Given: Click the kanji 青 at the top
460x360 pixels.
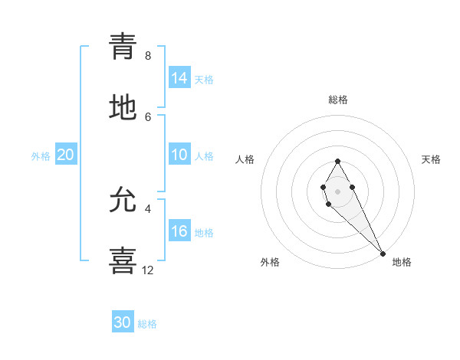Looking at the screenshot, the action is tap(123, 46).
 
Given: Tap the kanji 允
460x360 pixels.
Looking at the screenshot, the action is tap(123, 201).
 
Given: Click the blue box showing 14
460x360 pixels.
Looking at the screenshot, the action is tap(179, 78).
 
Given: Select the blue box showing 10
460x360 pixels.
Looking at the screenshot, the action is tap(179, 155).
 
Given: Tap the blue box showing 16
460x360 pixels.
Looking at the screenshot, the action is tap(179, 232).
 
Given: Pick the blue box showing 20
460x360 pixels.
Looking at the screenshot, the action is tap(66, 155).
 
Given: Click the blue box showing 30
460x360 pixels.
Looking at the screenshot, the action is tap(123, 322).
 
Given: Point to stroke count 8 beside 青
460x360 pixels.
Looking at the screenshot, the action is tap(148, 56).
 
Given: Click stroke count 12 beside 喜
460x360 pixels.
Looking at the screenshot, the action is tap(148, 270).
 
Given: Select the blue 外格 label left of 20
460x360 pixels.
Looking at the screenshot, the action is tap(41, 156).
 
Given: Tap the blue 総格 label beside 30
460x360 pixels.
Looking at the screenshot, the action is tap(147, 324).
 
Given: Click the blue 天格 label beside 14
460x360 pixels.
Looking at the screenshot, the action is tap(204, 80).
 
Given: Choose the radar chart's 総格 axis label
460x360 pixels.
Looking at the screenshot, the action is tap(338, 100).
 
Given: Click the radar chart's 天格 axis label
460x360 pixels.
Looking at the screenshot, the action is tap(432, 159).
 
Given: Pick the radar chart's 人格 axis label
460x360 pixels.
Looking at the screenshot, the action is tap(245, 159).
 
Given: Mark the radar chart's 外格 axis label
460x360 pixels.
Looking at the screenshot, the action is tap(270, 262).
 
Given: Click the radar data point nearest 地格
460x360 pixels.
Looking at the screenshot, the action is tap(383, 254).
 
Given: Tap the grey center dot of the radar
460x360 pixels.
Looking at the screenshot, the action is tap(337, 190).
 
